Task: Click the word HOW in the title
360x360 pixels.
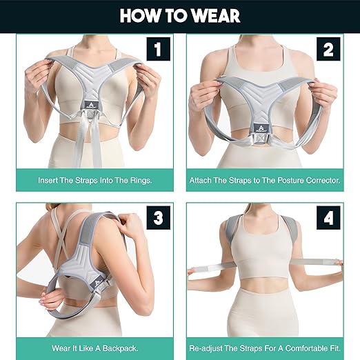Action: point(141,16)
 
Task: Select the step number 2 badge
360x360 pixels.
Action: point(328,50)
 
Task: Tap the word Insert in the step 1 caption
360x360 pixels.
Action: point(50,180)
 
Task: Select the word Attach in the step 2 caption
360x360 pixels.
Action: point(203,180)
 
